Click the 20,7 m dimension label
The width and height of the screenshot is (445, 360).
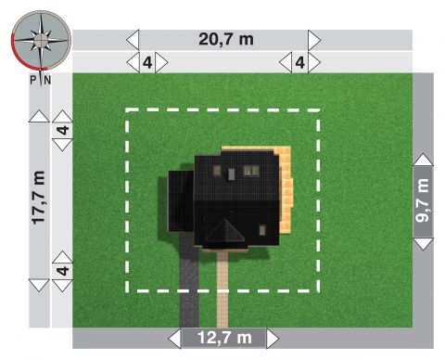coord(226,39)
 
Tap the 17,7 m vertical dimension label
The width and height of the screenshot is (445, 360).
coord(39,198)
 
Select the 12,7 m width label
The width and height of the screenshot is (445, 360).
coord(224,338)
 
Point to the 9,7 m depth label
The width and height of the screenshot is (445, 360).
coord(423,200)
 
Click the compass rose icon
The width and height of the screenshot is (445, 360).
coord(41,40)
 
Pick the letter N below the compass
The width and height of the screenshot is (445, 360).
coord(47,81)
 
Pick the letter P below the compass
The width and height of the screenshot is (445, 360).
coord(33,81)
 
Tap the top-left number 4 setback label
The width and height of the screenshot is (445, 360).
coord(147,63)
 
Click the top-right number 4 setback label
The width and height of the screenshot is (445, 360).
coord(300,63)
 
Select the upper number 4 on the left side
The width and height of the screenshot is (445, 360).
coord(63,130)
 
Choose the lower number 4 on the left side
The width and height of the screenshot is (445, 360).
coord(63,271)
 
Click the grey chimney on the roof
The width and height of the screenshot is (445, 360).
coord(232,174)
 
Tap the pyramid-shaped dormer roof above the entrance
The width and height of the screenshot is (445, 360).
coord(225,231)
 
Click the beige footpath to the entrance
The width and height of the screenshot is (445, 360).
coord(222,289)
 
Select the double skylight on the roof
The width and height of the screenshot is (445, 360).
coord(251,171)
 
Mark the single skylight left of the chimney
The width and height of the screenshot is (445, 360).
coord(217,171)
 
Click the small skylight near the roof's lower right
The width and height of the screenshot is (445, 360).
coord(262,230)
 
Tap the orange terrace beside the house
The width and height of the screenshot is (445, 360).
coord(285,189)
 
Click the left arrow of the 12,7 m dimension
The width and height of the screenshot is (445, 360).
coord(175,339)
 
